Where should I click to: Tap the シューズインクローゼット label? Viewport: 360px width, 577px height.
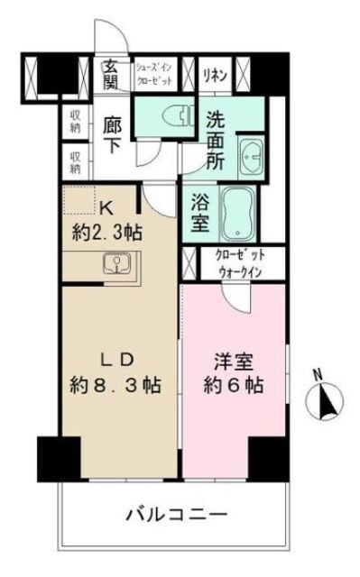(x=156, y=73)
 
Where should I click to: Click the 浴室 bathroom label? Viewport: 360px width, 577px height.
(x=200, y=212)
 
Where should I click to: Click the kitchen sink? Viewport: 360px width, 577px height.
(x=117, y=263)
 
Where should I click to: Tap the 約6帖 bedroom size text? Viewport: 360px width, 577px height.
(x=232, y=388)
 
